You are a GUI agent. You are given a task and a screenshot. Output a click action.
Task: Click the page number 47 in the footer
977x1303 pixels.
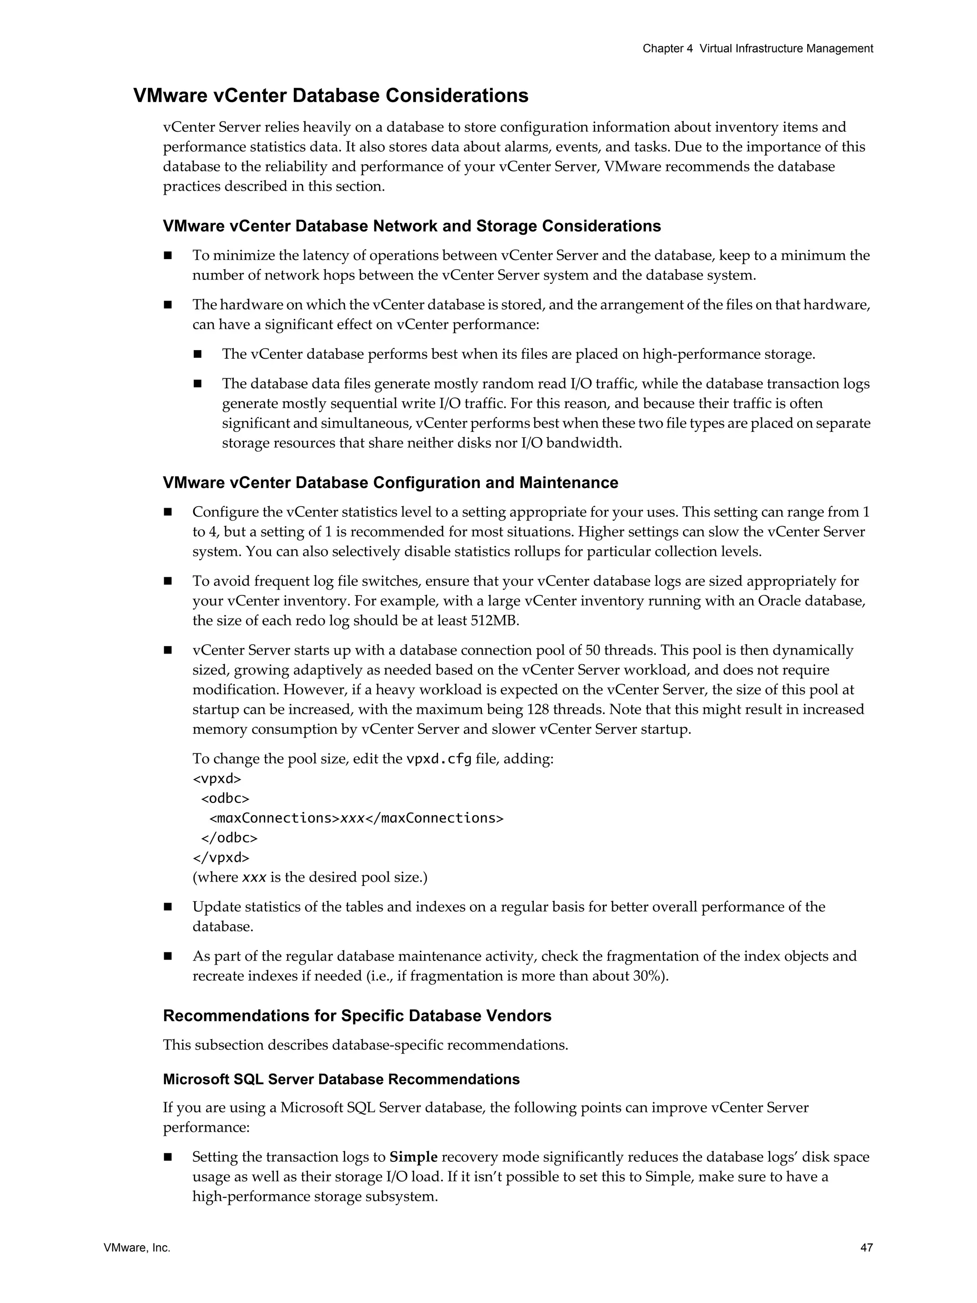coord(866,1248)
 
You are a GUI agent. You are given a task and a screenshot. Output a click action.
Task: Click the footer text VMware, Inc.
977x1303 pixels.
coord(136,1248)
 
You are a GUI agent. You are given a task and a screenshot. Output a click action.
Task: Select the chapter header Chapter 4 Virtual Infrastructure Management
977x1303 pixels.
coord(758,49)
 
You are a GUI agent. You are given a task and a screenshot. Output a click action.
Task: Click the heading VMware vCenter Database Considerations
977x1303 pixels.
coord(331,95)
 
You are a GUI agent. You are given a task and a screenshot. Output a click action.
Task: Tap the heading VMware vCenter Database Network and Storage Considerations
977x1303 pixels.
coord(412,226)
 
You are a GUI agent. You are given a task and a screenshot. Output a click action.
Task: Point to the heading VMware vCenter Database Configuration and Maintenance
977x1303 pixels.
coord(390,482)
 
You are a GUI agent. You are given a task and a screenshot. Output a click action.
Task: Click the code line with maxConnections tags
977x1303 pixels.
coord(356,818)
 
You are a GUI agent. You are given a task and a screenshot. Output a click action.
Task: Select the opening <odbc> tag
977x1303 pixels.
coord(225,798)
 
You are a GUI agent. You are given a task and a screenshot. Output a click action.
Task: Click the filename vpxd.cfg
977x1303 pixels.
coord(439,759)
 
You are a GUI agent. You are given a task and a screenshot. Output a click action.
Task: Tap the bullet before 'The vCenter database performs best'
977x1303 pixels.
coord(197,354)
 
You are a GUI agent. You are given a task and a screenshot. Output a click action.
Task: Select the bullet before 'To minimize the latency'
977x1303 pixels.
coord(168,256)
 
